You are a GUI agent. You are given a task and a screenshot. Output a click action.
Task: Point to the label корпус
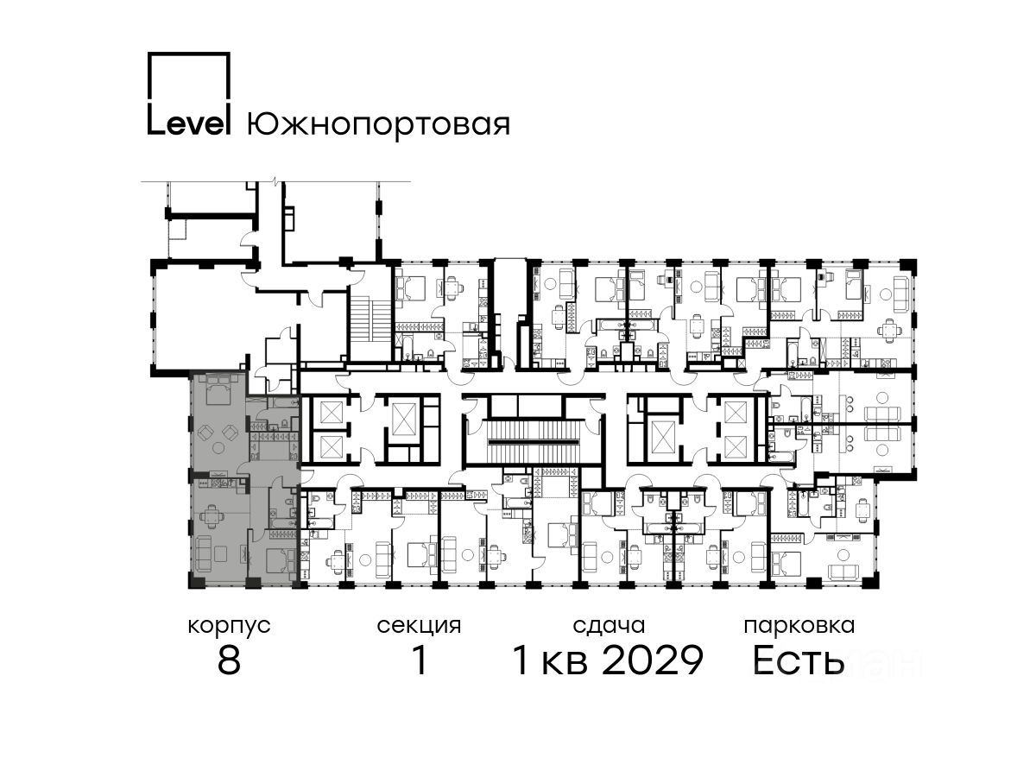[x=230, y=627]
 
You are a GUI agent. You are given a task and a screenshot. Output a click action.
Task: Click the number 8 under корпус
[x=230, y=660]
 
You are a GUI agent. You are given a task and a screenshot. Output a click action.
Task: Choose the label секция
[x=419, y=627]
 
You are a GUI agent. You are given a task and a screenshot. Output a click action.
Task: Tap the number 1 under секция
[x=419, y=660]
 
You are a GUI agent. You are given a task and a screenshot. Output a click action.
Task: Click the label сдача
[x=609, y=627]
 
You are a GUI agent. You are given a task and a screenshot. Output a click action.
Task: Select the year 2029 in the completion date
[x=653, y=660]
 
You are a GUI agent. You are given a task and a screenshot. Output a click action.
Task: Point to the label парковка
[x=799, y=627]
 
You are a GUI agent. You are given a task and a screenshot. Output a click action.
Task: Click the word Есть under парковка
[x=798, y=660]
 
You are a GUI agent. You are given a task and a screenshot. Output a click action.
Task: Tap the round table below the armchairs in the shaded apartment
[x=218, y=447]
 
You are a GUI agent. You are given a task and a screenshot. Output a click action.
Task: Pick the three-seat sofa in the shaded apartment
[x=205, y=554]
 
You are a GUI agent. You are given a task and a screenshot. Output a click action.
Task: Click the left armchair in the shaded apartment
[x=205, y=432]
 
